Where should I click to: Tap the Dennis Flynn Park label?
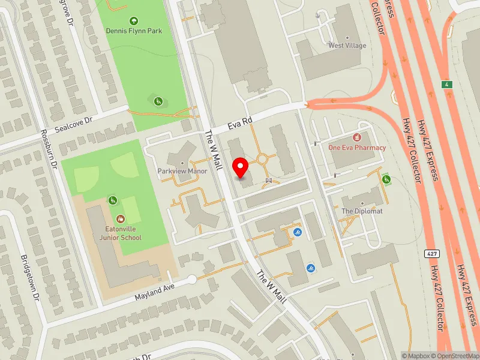click(134, 31)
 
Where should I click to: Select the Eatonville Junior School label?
click(121, 233)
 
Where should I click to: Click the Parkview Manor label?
click(182, 171)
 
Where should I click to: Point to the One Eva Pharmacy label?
click(357, 147)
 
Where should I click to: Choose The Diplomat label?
click(362, 211)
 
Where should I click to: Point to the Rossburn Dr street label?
click(49, 149)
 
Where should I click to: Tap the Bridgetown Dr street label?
click(29, 278)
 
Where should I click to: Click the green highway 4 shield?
click(446, 83)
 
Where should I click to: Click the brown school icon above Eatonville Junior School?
click(121, 220)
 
